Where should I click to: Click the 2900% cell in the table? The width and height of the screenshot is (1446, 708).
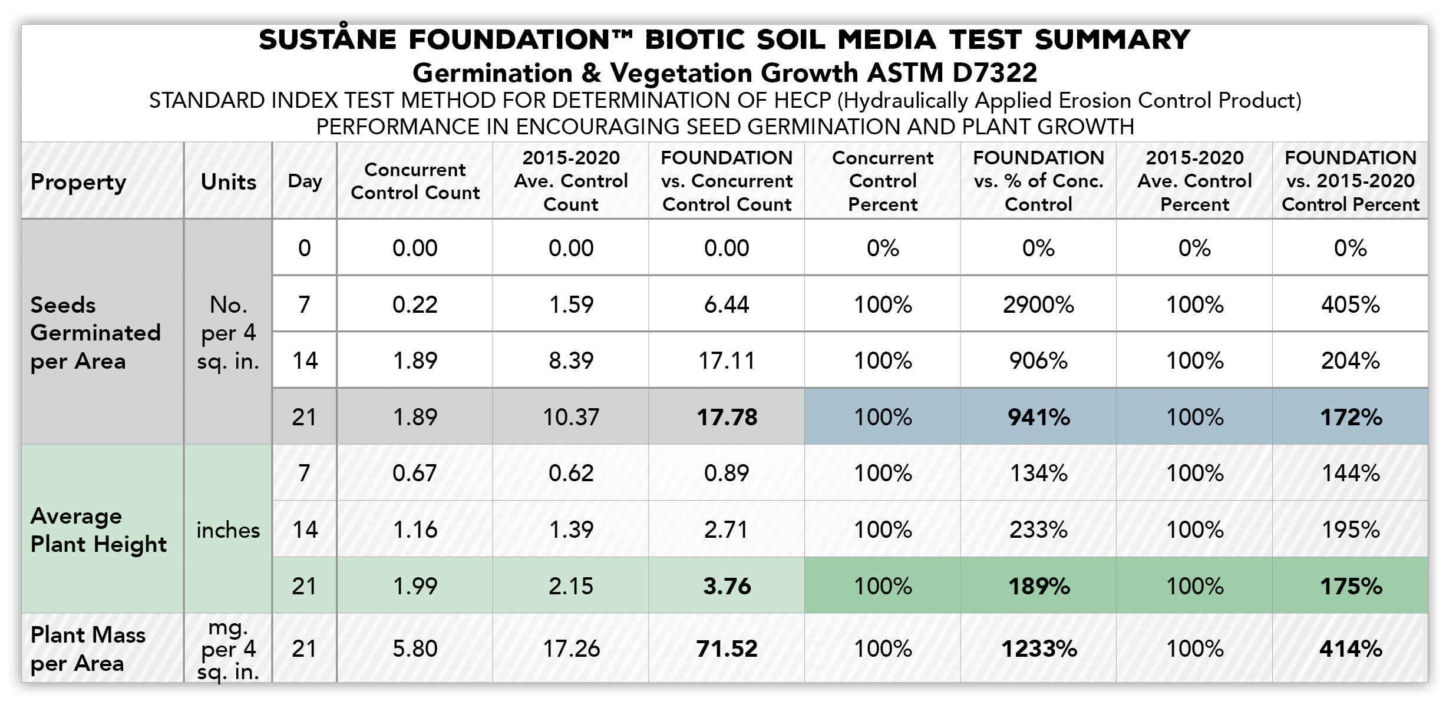(x=1038, y=305)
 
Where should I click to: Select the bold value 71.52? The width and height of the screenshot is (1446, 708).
(x=727, y=649)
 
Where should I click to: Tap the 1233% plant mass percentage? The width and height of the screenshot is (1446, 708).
(x=1039, y=649)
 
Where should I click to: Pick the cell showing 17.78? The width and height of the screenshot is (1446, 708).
(x=727, y=417)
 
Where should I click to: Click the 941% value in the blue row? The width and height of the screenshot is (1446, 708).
(x=1039, y=417)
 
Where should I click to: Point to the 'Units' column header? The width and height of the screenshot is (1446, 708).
(x=228, y=182)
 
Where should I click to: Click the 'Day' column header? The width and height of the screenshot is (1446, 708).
(x=305, y=181)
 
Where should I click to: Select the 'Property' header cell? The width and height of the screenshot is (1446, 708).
(x=78, y=183)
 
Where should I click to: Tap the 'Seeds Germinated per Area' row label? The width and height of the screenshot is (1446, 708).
(x=95, y=333)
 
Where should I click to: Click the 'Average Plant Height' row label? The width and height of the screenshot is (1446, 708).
(x=98, y=530)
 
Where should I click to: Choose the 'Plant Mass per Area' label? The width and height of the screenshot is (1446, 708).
(x=88, y=649)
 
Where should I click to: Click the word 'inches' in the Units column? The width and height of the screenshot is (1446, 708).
(x=228, y=530)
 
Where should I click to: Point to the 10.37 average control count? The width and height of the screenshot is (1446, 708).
(x=570, y=417)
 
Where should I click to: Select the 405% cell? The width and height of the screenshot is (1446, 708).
(x=1350, y=305)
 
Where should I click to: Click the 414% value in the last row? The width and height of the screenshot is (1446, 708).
(x=1351, y=649)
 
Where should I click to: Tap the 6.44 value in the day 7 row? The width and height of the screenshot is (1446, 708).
(x=727, y=305)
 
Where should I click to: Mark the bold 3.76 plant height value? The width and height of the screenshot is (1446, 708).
(x=727, y=586)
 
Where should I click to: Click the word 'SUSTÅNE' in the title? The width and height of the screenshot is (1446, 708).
(x=328, y=40)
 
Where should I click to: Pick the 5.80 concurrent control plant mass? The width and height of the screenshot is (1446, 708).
(x=415, y=649)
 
